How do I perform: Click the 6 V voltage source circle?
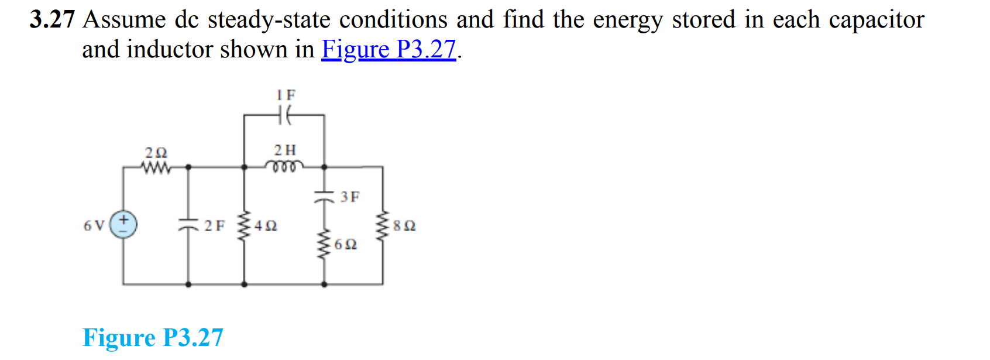[x=123, y=225]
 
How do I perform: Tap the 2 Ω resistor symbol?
[x=156, y=168]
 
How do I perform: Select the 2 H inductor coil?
[x=285, y=166]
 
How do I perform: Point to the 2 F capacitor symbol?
[x=188, y=225]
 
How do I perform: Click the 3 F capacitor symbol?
[x=324, y=197]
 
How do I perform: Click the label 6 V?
[x=94, y=225]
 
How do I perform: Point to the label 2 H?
[x=285, y=150]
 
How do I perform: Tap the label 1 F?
[x=286, y=95]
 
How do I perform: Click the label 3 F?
[x=350, y=197]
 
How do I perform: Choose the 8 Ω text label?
[x=405, y=226]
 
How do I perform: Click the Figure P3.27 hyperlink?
[x=389, y=49]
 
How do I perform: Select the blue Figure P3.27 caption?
[x=153, y=338]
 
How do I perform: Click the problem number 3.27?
[x=52, y=19]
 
